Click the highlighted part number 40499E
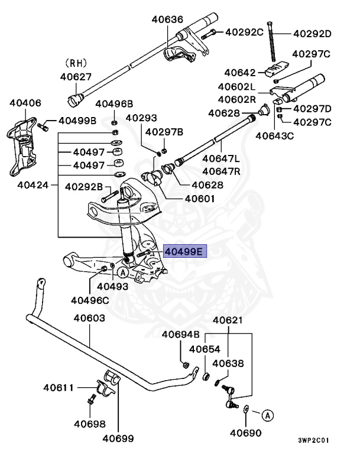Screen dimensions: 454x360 tap(183, 252)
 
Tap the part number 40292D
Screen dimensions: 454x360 tap(312, 33)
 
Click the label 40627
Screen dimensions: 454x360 tap(76, 76)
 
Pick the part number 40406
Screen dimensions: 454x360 tap(25, 102)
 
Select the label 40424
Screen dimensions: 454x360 tap(33, 184)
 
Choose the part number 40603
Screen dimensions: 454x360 tap(89, 318)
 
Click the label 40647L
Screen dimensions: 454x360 tap(220, 158)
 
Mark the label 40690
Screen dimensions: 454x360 tap(245, 433)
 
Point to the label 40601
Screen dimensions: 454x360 tap(200, 199)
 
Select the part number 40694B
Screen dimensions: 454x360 tap(181, 335)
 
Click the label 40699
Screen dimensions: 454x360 tap(118, 438)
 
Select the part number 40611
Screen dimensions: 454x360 tap(58, 388)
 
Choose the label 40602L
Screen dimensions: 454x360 tap(236, 87)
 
